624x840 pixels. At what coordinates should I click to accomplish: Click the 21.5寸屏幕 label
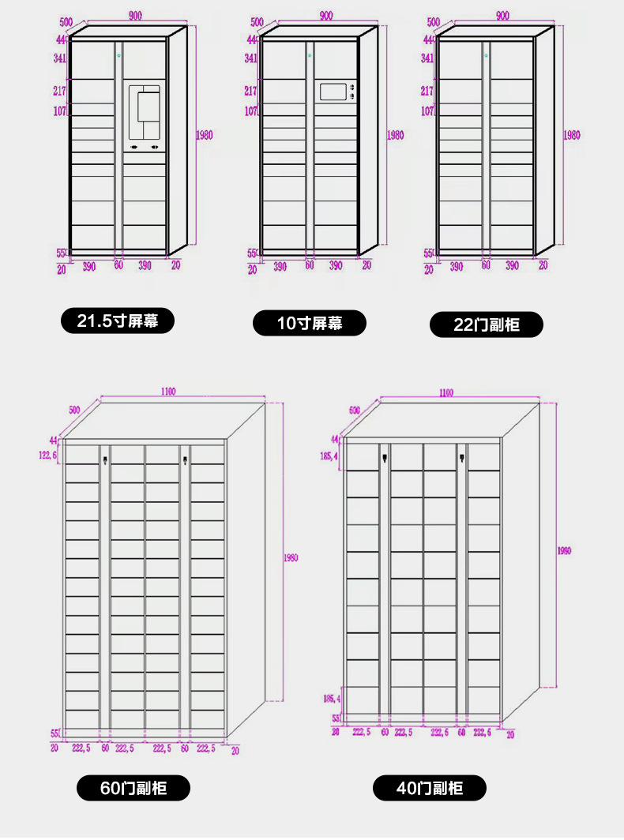[x=118, y=321]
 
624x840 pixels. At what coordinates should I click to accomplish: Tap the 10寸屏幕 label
[x=310, y=323]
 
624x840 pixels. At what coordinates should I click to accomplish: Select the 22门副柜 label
[x=487, y=324]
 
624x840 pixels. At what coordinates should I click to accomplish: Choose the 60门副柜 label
[x=133, y=787]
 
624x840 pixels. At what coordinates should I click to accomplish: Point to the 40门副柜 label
[x=430, y=787]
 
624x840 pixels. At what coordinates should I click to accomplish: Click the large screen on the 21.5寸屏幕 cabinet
[x=145, y=113]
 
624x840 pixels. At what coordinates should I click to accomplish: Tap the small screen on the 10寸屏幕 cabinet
[x=333, y=92]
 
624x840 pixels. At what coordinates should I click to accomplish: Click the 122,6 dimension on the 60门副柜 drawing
[x=48, y=455]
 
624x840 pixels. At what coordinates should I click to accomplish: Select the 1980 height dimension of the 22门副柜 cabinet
[x=571, y=135]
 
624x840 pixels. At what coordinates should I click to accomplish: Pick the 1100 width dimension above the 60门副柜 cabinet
[x=167, y=391]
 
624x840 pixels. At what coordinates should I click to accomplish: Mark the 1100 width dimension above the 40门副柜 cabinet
[x=446, y=392]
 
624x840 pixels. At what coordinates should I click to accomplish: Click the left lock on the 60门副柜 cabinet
[x=105, y=456]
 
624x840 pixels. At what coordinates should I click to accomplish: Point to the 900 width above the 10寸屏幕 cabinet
[x=325, y=16]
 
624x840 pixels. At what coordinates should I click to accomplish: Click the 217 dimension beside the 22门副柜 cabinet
[x=427, y=90]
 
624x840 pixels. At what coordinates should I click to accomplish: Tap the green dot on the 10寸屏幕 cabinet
[x=310, y=55]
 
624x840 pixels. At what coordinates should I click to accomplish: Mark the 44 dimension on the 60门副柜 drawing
[x=53, y=440]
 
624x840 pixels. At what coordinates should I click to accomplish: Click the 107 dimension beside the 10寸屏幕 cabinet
[x=251, y=111]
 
